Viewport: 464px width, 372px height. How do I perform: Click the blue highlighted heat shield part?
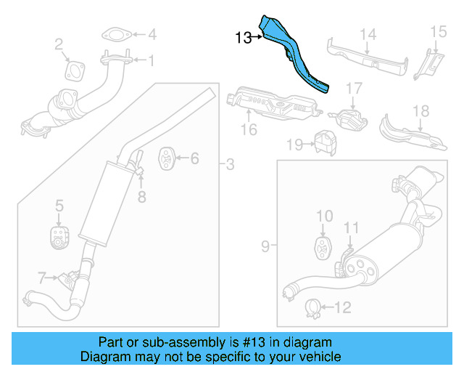coord(297,58)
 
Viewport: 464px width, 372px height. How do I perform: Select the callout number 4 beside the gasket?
coord(152,34)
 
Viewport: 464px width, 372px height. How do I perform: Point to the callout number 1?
coord(152,62)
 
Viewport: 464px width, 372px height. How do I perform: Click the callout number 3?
coord(229,165)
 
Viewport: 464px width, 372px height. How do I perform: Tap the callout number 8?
coord(142,195)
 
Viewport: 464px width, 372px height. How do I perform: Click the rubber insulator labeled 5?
coord(58,236)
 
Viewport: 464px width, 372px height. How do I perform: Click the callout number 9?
coord(265,246)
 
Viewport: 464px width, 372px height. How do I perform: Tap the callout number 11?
coord(351,228)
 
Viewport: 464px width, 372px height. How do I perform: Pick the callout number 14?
coord(368,33)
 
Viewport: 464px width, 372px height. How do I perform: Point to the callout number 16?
coord(249,130)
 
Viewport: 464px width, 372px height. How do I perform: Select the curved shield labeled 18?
coord(406,131)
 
